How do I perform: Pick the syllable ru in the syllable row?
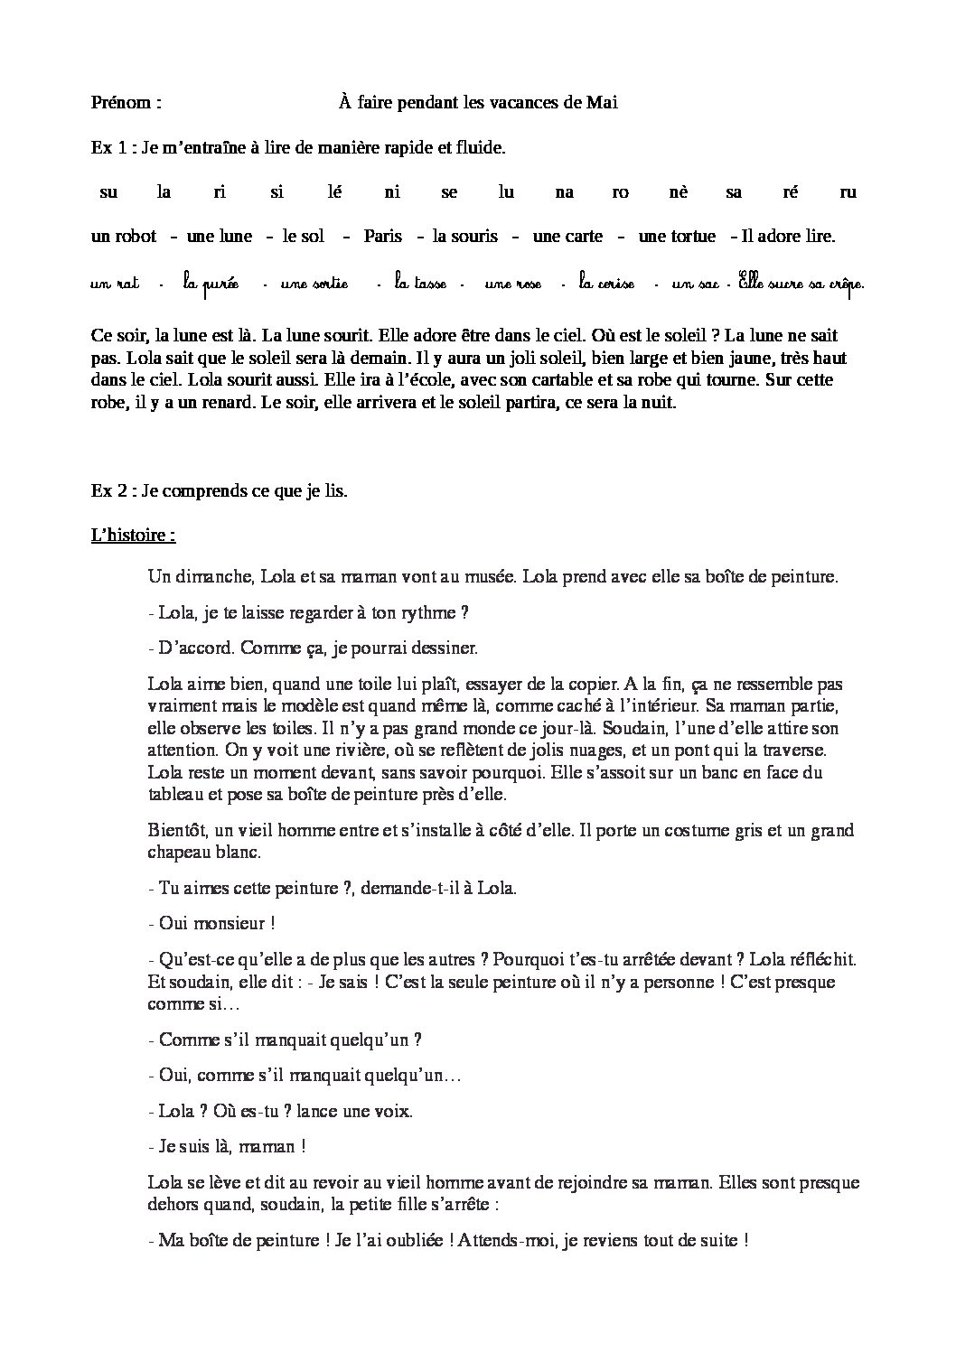pyautogui.click(x=848, y=191)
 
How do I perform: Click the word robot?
pyautogui.click(x=136, y=237)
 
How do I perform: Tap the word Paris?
pyautogui.click(x=382, y=237)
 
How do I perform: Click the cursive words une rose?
pyautogui.click(x=512, y=284)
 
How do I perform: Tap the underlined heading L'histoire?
pyautogui.click(x=133, y=535)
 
